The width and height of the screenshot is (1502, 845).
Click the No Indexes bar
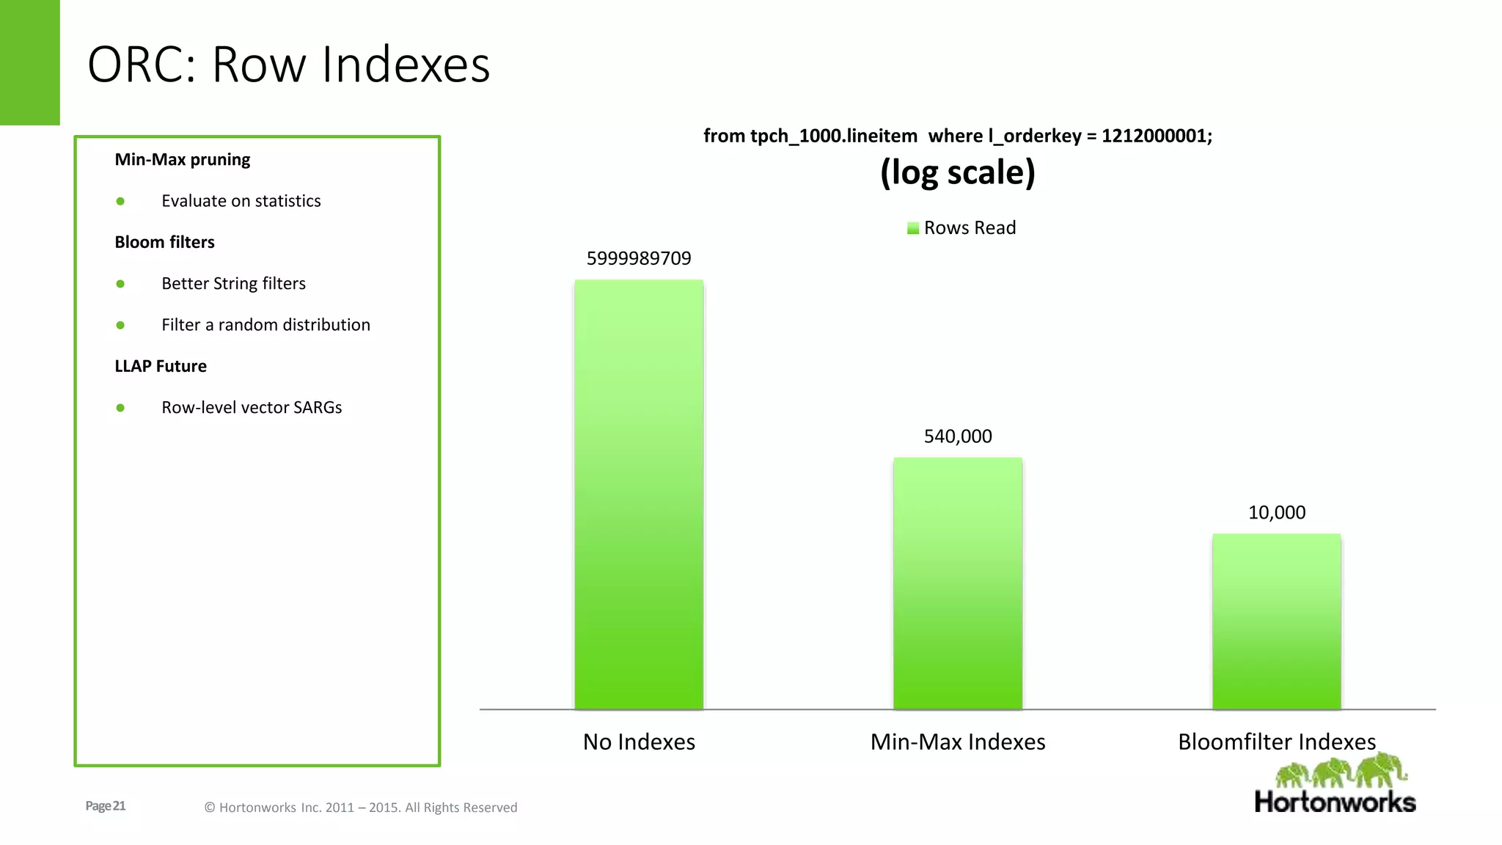639,494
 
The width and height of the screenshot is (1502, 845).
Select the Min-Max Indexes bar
957,583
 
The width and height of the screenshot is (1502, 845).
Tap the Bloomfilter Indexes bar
1276,621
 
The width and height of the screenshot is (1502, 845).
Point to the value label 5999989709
639,258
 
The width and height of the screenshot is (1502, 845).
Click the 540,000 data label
958,436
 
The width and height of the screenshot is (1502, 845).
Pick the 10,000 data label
1277,513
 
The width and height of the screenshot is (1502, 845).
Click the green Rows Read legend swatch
913,228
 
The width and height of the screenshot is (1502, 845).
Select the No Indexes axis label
639,742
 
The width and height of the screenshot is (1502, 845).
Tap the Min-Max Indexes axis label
958,742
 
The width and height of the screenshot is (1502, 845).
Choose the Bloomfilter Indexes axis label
1277,742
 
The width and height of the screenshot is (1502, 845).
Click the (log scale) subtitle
958,173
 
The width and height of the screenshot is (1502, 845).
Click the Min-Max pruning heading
183,159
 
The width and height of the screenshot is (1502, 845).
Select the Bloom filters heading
164,242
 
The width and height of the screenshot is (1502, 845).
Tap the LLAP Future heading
161,366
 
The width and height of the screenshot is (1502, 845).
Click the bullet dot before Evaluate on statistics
120,201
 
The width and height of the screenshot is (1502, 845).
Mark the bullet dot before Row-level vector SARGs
120,408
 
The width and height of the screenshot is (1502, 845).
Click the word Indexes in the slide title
406,65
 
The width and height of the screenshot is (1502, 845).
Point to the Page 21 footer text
106,806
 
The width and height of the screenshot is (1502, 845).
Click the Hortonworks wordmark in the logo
1335,802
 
